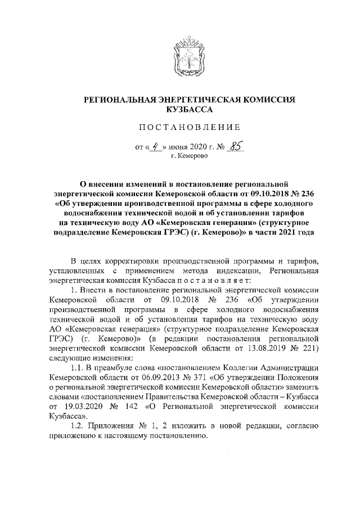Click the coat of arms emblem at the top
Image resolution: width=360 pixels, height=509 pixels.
pyautogui.click(x=188, y=51)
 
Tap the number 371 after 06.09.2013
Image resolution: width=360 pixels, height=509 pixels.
pyautogui.click(x=198, y=378)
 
